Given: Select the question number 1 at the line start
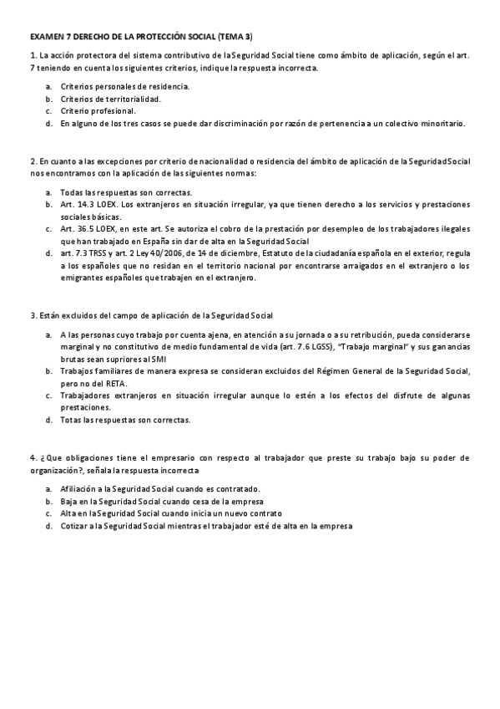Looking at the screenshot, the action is pos(32,55).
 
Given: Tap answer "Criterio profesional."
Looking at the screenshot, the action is pos(98,110).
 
